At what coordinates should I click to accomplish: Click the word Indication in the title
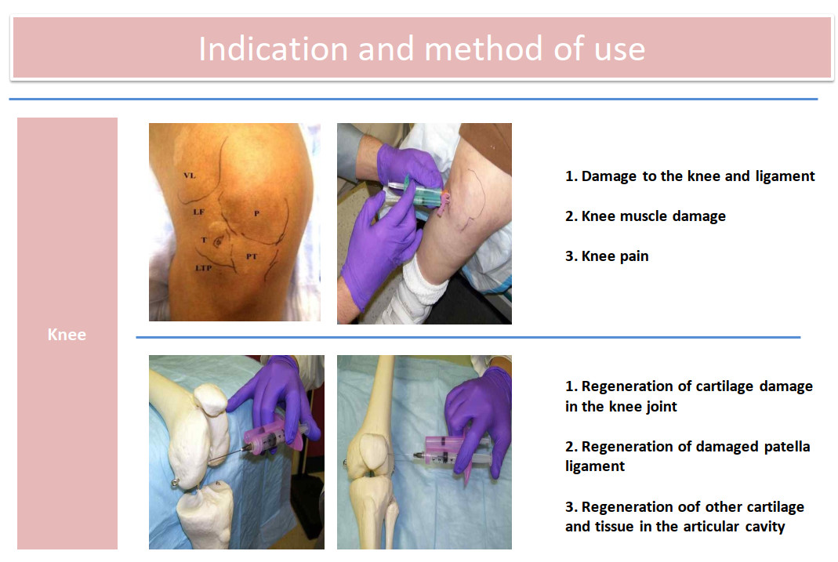tap(273, 49)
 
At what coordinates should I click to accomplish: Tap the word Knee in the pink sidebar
tap(67, 335)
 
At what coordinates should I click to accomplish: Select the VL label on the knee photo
tap(189, 176)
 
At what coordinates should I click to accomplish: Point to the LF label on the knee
tap(199, 212)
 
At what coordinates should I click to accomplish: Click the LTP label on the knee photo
tap(203, 267)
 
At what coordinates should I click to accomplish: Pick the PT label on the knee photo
tap(252, 256)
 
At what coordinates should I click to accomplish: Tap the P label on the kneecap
tap(256, 213)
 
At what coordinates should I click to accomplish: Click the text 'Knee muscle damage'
tap(654, 216)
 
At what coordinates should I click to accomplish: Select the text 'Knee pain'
tap(615, 256)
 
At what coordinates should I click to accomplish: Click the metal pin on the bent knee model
tap(175, 484)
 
